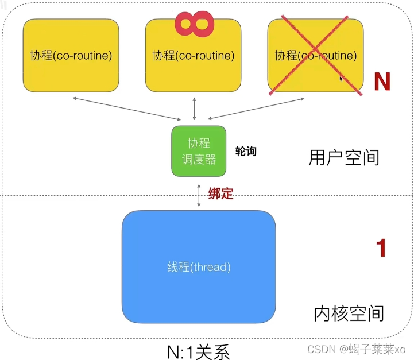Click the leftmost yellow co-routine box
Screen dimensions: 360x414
point(71,55)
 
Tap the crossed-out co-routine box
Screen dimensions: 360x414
point(315,56)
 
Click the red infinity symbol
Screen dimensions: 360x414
point(195,22)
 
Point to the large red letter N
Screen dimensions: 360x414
point(382,82)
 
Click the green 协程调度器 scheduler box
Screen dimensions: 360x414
point(199,151)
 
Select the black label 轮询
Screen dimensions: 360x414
point(246,152)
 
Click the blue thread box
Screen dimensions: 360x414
point(198,267)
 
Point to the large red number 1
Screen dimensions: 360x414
point(381,248)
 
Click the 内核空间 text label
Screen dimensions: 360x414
point(349,313)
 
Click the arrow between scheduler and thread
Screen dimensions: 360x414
point(199,195)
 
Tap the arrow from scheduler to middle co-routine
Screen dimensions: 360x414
point(195,109)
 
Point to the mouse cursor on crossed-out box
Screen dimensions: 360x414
point(341,79)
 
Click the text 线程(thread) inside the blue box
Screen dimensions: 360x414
point(199,267)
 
